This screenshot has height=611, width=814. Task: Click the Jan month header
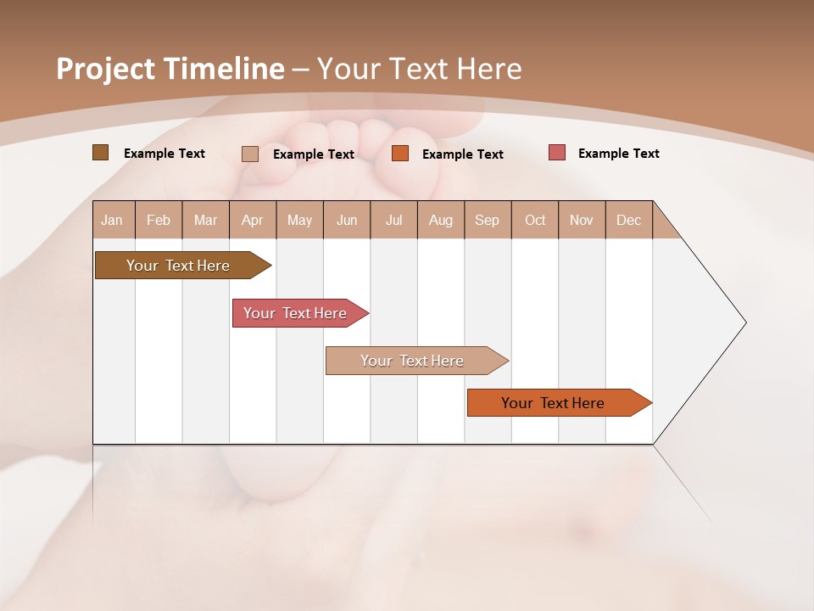(112, 220)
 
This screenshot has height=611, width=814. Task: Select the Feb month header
(159, 220)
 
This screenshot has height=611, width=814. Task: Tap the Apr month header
(252, 220)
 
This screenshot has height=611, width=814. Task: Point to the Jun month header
(347, 220)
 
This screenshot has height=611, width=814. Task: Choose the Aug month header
(440, 220)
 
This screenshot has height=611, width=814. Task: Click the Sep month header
(487, 220)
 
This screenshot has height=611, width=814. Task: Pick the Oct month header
(535, 220)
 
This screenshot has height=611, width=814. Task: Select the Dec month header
(628, 220)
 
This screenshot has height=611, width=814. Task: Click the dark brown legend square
(100, 153)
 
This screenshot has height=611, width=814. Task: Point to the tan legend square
(249, 154)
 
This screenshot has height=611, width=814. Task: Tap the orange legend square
(400, 154)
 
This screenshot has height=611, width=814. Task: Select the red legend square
(556, 153)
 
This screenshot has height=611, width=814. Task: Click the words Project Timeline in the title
(170, 69)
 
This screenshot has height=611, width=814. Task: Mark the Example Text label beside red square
(618, 154)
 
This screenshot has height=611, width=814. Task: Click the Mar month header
(205, 220)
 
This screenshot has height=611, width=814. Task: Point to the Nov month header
(581, 220)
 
